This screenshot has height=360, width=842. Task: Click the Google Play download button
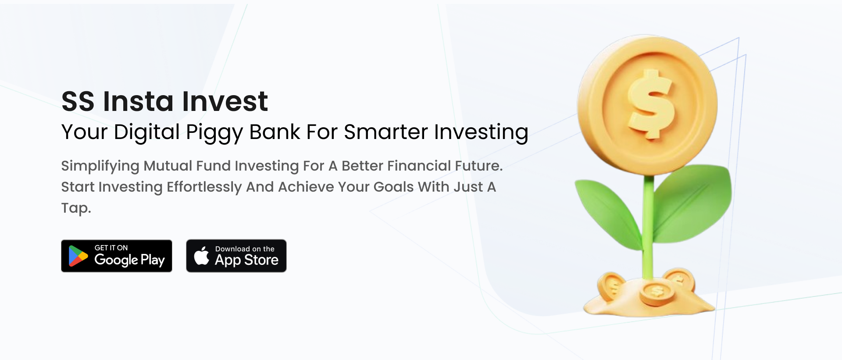pyautogui.click(x=117, y=256)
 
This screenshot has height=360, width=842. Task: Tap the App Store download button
pyautogui.click(x=236, y=256)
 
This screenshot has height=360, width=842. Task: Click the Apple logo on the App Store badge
pyautogui.click(x=202, y=256)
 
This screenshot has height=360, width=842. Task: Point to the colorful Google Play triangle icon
pyautogui.click(x=78, y=256)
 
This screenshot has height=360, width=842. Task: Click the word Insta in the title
pyautogui.click(x=138, y=101)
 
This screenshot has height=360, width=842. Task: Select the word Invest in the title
pyautogui.click(x=225, y=101)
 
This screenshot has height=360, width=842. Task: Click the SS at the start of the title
pyautogui.click(x=78, y=101)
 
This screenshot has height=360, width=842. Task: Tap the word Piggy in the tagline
pyautogui.click(x=214, y=132)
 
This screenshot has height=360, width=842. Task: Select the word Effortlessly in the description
pyautogui.click(x=204, y=187)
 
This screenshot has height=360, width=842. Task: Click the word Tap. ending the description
pyautogui.click(x=76, y=208)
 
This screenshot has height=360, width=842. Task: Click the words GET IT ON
pyautogui.click(x=111, y=248)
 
